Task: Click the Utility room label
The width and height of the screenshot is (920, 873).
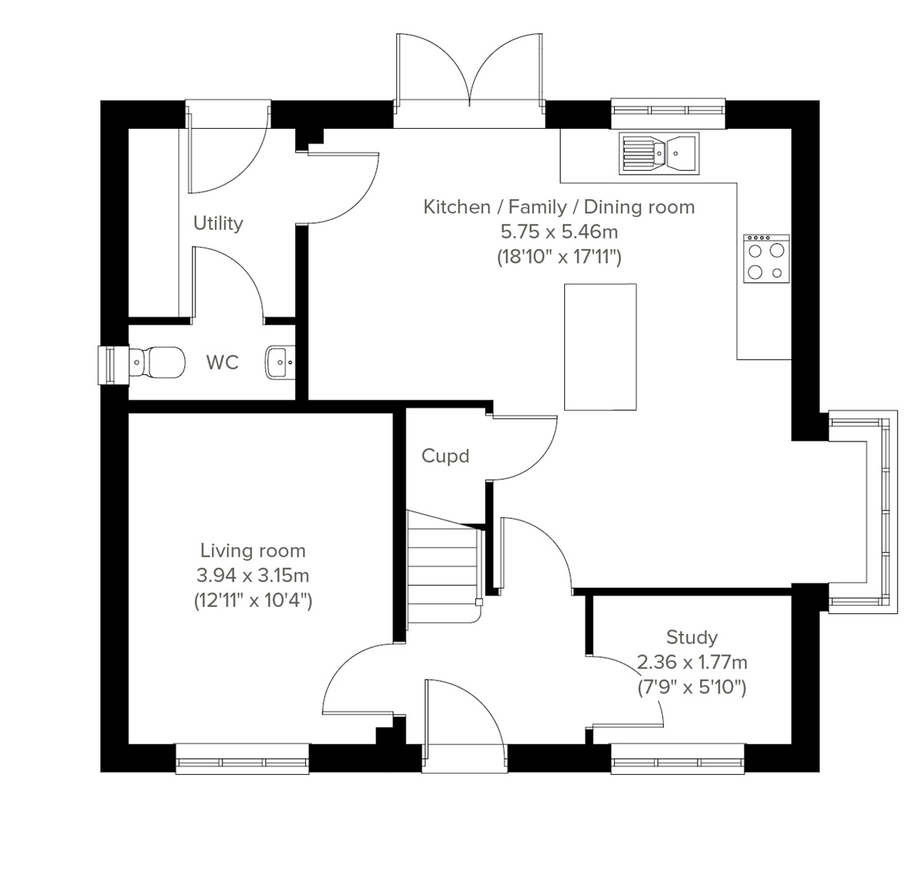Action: coord(218,223)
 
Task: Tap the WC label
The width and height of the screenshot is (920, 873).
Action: coord(222,363)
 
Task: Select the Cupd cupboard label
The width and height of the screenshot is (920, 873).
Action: coord(445,456)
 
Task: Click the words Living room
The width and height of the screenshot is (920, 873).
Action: coord(253,550)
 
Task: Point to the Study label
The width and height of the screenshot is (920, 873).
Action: coord(692,637)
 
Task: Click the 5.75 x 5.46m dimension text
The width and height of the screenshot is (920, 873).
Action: coord(559,231)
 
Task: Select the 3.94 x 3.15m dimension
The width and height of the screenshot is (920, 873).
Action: coord(253,575)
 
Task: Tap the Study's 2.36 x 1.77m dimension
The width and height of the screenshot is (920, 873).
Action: coord(692,661)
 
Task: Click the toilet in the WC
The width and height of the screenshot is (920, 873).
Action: coord(157,362)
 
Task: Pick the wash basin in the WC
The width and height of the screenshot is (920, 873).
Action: coord(278,363)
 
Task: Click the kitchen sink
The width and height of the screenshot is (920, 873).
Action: coord(659,153)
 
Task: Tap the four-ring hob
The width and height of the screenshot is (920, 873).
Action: coord(766,258)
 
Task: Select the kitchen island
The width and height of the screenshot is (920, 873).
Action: coord(600,346)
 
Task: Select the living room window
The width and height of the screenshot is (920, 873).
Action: coord(242,758)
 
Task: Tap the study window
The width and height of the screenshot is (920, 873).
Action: coord(678,758)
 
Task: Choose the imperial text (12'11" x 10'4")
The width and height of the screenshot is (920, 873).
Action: coord(253,600)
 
